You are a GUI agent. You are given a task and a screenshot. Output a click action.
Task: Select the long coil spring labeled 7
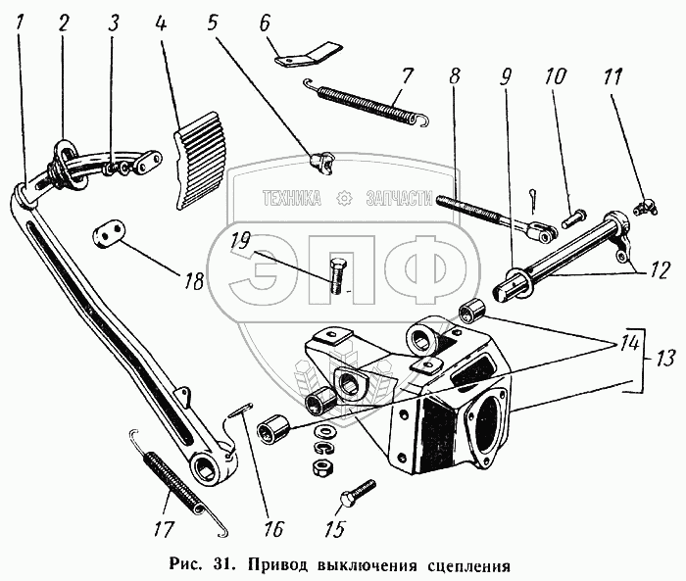[x=367, y=101]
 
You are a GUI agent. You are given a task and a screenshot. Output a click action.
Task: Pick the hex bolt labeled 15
[x=359, y=492]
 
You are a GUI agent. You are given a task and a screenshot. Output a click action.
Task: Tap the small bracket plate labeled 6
[x=308, y=53]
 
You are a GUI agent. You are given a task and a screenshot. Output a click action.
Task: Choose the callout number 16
[x=272, y=530]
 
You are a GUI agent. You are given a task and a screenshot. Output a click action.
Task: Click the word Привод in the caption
[x=274, y=566]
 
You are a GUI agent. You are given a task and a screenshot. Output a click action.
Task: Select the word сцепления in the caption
[x=467, y=566]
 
